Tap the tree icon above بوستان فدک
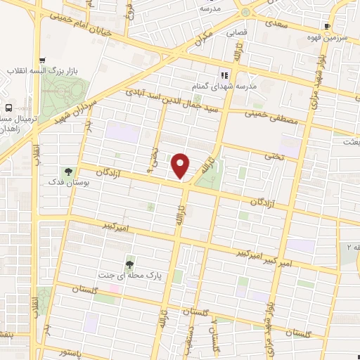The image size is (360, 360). coord(68,171)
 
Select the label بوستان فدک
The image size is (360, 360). coord(68,183)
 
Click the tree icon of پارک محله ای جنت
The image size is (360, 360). coord(129,264)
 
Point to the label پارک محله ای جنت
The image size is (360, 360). coord(129,276)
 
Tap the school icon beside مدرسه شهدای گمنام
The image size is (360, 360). coord(224,75)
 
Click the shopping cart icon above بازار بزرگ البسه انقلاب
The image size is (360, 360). coord(43,60)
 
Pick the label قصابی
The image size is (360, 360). coord(236,32)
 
